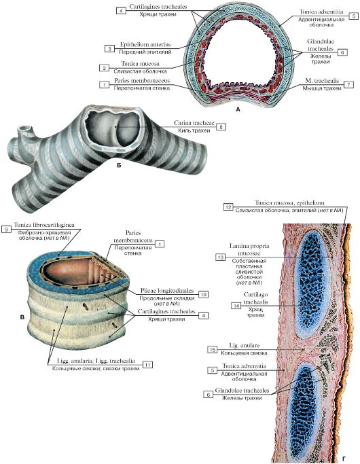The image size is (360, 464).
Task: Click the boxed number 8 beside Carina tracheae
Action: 221,127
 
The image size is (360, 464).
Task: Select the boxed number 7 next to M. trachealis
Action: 348,85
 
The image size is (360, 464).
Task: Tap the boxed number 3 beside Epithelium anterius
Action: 110,48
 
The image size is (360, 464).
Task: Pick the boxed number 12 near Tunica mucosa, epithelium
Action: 228,207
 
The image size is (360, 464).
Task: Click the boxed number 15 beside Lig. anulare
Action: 212,349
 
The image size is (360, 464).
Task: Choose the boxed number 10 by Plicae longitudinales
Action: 203,294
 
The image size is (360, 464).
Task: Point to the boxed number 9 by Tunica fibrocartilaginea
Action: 6,229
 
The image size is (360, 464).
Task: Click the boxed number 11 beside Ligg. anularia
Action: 147,365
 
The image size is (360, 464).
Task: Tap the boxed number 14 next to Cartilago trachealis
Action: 236,306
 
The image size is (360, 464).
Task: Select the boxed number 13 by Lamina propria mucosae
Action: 220,257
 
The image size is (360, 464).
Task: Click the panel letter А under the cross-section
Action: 238,109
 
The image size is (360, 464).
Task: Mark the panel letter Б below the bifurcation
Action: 119,166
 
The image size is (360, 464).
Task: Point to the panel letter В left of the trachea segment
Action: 22,317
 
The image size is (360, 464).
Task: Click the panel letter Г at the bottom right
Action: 344,459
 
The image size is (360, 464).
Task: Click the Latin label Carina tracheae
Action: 194,122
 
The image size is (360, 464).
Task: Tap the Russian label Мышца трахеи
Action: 322,88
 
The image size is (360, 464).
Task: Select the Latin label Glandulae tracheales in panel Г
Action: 242,391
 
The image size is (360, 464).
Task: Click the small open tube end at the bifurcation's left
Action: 24,129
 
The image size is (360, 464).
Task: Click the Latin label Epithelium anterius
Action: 145,45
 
